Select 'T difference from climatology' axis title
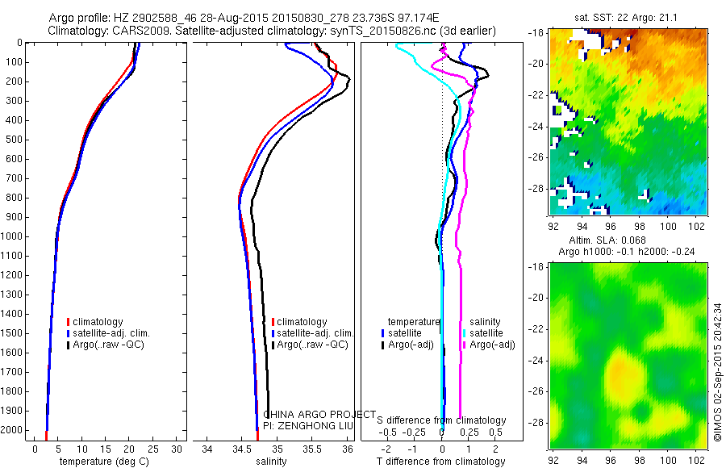[x=441, y=462]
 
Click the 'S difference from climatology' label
[x=442, y=420]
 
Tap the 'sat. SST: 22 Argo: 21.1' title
[x=624, y=18]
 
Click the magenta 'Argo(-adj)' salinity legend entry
[x=492, y=345]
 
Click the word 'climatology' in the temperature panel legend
[x=98, y=322]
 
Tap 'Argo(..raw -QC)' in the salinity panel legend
[x=312, y=345]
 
